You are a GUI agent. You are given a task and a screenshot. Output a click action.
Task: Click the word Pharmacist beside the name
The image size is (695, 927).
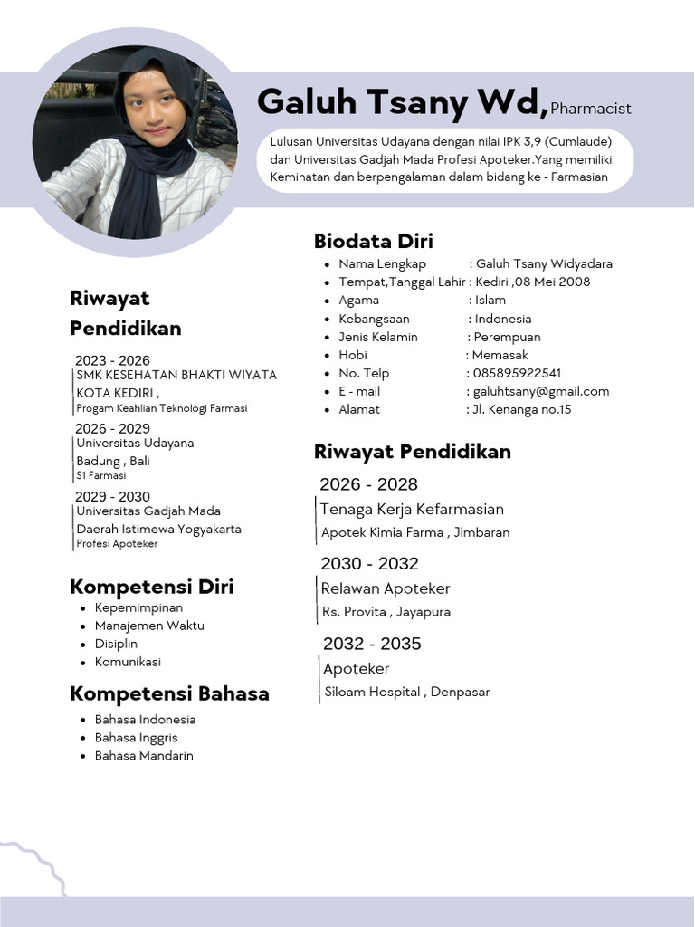[591, 109]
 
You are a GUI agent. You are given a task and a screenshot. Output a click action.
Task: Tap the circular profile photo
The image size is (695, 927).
[136, 142]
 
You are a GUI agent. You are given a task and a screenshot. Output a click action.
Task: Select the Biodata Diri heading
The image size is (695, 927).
[374, 241]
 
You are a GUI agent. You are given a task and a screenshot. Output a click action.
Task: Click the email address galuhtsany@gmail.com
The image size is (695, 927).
[541, 391]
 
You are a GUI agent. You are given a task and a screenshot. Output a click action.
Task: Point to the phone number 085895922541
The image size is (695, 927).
[517, 373]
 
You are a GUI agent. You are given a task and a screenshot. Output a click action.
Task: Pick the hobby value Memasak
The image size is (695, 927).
[500, 355]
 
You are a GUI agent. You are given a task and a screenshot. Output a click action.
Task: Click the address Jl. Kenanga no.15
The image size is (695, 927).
[523, 409]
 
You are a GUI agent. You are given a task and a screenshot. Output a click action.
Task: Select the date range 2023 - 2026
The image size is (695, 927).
[113, 360]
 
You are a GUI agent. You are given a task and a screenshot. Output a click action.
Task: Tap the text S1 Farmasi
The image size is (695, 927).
[101, 475]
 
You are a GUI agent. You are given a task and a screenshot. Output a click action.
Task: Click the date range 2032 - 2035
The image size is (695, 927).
[372, 644]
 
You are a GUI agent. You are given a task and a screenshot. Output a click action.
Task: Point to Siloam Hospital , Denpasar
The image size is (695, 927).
[406, 692]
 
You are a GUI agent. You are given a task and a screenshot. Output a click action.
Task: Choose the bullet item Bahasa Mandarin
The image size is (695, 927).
[144, 755]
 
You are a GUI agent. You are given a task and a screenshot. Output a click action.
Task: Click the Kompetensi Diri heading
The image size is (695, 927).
[152, 587]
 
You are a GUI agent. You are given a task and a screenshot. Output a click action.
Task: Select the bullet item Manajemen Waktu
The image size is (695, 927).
[149, 626]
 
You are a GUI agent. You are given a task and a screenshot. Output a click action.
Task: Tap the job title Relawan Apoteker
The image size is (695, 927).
[386, 588]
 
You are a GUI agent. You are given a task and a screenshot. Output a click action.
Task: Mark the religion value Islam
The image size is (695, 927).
[490, 300]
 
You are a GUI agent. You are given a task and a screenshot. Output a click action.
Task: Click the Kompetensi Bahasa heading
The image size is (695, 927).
[169, 694]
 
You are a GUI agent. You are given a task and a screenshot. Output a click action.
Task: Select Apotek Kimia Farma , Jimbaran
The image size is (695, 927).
[415, 532]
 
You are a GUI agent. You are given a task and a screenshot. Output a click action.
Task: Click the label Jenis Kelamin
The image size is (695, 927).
[378, 337]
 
